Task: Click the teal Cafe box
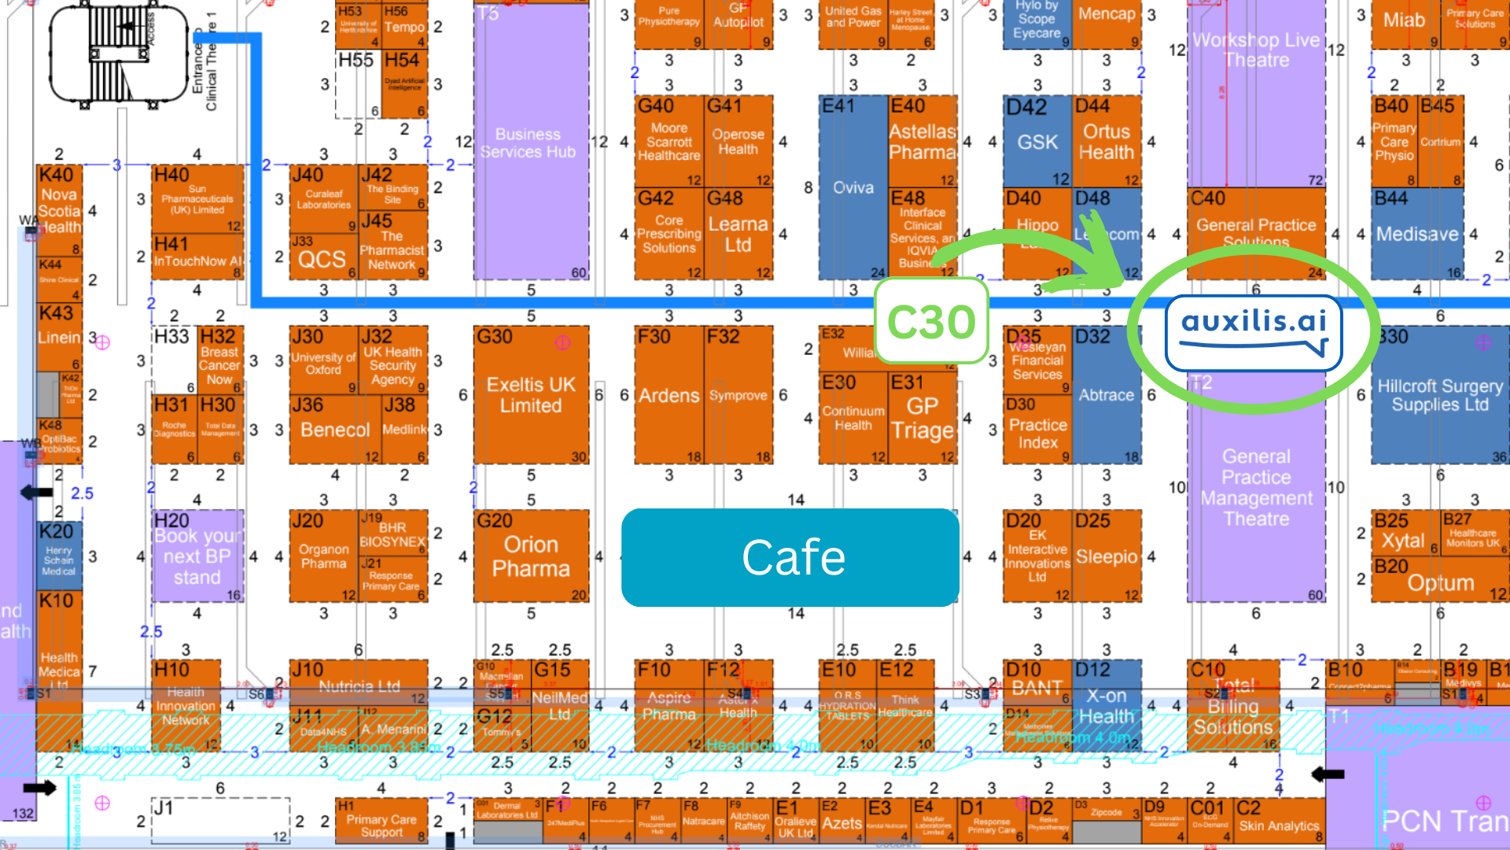click(x=790, y=557)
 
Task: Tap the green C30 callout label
click(x=931, y=321)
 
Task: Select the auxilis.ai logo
click(x=1254, y=331)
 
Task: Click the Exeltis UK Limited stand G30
click(x=531, y=395)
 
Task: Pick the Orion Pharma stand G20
click(x=531, y=556)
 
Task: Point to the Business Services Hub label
click(x=528, y=143)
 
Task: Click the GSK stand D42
click(x=1038, y=142)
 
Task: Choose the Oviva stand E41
click(x=853, y=187)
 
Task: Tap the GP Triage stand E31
click(x=923, y=418)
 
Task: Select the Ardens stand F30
click(x=668, y=395)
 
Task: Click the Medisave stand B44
click(x=1417, y=234)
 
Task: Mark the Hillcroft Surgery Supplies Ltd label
click(x=1440, y=395)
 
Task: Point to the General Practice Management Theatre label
click(x=1256, y=487)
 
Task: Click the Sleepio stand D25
click(x=1107, y=556)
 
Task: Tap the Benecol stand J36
click(x=334, y=430)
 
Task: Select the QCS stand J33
click(x=322, y=258)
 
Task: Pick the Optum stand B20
click(x=1440, y=582)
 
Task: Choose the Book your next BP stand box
click(x=197, y=556)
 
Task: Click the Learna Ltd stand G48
click(x=738, y=234)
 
